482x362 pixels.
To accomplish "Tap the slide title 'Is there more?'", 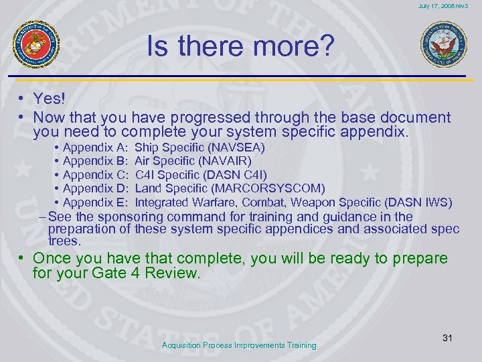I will tap(240, 47).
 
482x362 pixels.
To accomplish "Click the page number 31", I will tap(447, 338).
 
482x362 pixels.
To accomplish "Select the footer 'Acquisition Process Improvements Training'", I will tap(240, 345).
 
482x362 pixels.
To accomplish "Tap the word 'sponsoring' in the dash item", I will tap(131, 217).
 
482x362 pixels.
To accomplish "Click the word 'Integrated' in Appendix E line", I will tap(161, 202).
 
